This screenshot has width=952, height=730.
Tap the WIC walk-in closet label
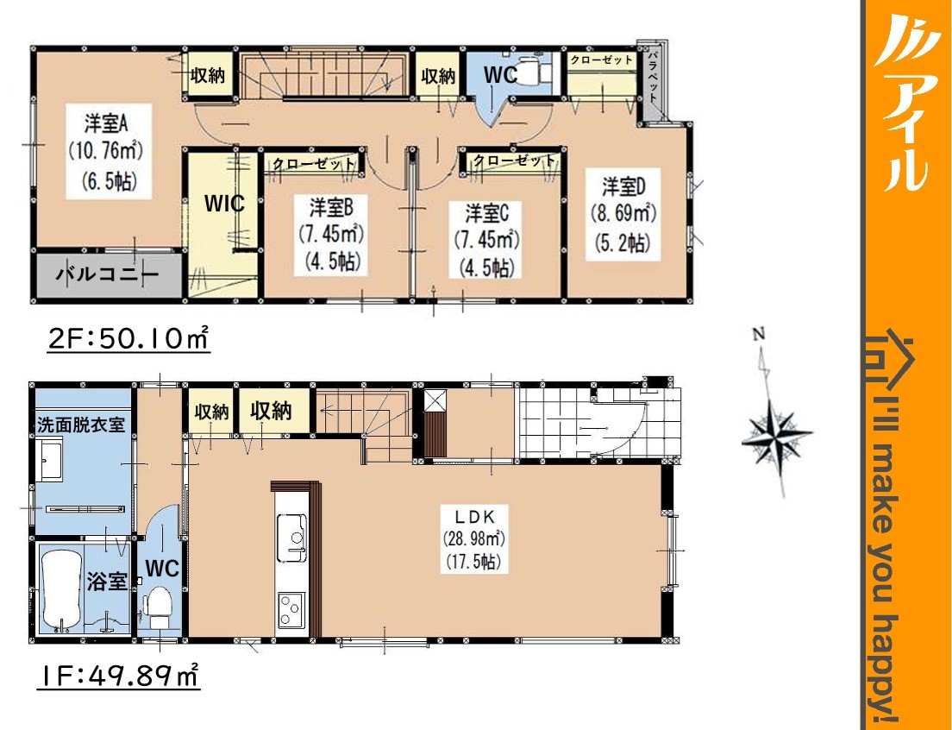coord(224,204)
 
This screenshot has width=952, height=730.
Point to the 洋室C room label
coord(486,214)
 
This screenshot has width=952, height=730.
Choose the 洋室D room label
coord(623,187)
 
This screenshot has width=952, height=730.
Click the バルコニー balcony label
coord(107,275)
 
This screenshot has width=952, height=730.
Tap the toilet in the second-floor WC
coord(532,71)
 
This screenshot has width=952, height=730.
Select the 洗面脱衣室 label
coord(81,425)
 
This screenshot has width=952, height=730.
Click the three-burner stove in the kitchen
coord(291,610)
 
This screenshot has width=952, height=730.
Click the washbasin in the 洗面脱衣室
coord(50,462)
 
